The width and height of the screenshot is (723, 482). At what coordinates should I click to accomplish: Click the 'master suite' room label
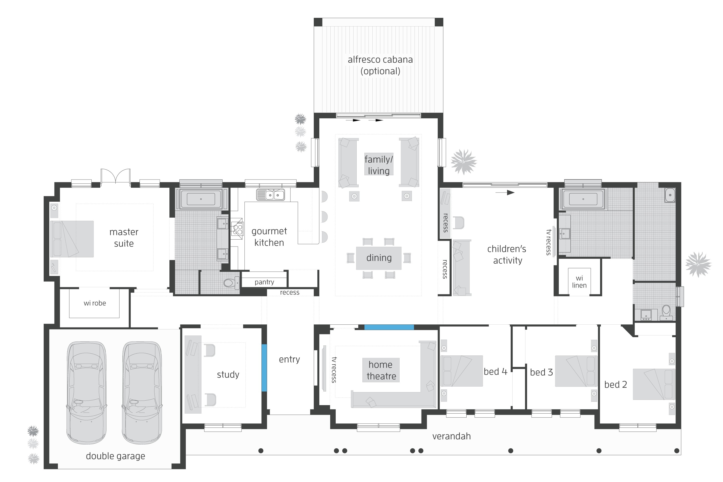124,238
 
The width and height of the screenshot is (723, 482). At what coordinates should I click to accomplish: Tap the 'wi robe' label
95,303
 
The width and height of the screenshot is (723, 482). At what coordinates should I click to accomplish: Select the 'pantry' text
264,282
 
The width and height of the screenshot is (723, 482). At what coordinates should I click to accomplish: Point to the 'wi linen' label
579,281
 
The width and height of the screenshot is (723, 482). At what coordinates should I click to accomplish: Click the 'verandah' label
451,436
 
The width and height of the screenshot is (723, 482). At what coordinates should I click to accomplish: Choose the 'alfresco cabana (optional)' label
380,65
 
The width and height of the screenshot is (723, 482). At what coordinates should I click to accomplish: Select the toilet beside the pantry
231,282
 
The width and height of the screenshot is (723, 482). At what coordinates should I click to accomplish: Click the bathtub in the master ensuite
201,199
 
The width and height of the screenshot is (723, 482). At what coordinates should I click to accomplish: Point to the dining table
379,258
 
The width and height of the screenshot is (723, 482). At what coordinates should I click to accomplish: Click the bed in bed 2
654,384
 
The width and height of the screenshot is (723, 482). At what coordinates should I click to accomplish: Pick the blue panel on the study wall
264,368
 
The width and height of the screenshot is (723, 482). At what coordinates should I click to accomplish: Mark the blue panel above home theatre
389,327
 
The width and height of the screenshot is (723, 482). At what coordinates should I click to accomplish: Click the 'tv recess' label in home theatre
334,369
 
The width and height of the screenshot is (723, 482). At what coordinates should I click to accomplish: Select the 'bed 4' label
495,372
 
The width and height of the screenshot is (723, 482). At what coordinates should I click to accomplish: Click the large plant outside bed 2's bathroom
698,264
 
